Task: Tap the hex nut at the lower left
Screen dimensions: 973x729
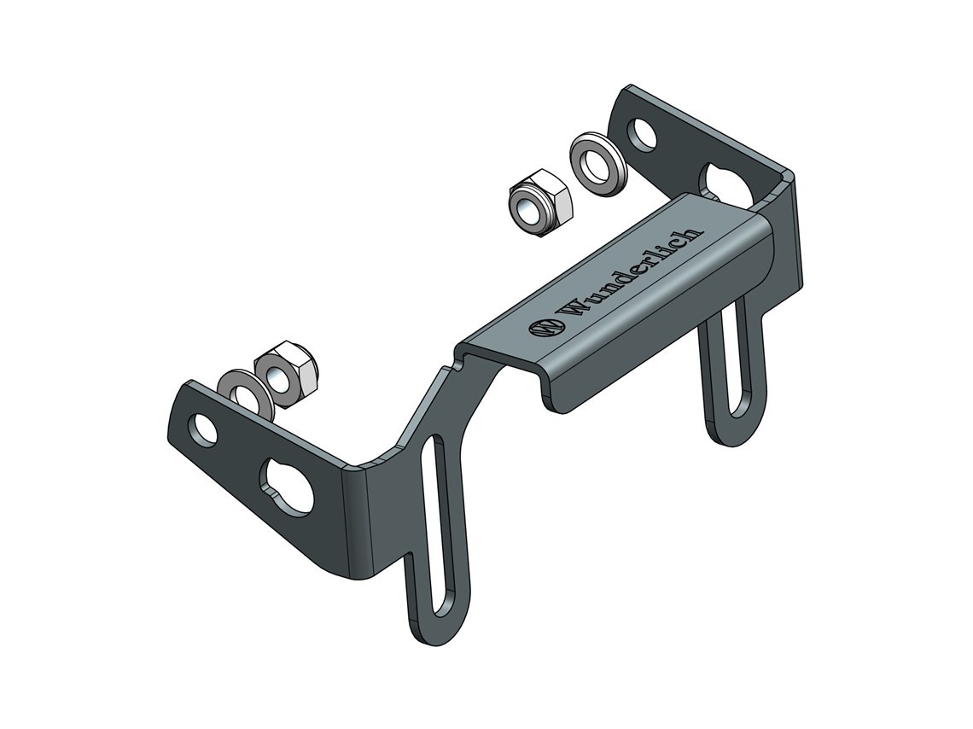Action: click(x=286, y=374)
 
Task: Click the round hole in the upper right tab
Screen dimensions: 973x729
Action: click(x=642, y=134)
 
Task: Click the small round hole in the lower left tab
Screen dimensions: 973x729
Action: click(x=205, y=429)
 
